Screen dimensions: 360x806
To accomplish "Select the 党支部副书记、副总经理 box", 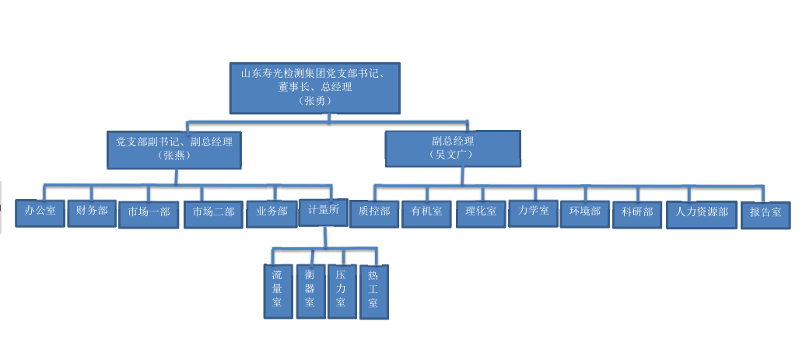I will (x=173, y=149).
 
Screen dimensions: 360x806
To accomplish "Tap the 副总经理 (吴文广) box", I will (x=453, y=148).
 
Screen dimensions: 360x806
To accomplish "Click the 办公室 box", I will (x=40, y=212).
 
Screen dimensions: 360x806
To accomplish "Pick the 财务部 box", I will (x=92, y=212).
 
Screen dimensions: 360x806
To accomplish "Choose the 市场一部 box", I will (x=149, y=215).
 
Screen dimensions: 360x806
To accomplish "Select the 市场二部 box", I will (x=214, y=215).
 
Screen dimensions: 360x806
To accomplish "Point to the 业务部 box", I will (x=272, y=214).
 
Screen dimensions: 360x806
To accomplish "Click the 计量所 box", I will (x=322, y=212).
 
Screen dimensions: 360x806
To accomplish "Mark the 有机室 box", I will (x=426, y=214).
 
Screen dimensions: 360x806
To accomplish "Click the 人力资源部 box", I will (x=701, y=214).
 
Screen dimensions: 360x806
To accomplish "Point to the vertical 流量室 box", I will (x=278, y=290).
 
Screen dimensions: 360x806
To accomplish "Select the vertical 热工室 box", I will (x=373, y=292).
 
